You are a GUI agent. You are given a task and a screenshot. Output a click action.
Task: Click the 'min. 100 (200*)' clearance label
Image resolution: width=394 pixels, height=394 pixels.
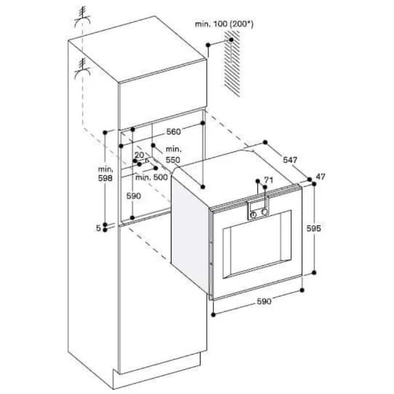(224, 24)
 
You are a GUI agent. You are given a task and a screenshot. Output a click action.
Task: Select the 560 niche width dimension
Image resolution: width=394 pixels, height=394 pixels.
(173, 131)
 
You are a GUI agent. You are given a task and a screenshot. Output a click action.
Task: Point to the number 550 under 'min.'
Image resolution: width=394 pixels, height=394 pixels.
(173, 160)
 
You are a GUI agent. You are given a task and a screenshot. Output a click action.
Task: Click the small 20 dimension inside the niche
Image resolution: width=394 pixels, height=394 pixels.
(139, 155)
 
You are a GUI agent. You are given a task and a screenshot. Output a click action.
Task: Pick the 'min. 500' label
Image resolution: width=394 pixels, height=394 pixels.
(152, 177)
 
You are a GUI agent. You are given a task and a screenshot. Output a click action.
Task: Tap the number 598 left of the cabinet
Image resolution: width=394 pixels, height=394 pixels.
(105, 178)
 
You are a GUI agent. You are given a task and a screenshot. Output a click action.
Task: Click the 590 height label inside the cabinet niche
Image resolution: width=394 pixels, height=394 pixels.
(133, 196)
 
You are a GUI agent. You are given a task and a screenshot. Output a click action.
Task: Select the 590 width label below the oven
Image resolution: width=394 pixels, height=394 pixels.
(264, 301)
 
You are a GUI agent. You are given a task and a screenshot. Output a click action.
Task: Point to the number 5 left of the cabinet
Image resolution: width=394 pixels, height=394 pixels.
(98, 228)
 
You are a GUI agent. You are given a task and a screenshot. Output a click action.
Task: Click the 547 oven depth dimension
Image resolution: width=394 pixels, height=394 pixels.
(290, 160)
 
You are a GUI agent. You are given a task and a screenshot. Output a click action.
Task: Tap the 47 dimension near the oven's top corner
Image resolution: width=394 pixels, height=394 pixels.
(321, 177)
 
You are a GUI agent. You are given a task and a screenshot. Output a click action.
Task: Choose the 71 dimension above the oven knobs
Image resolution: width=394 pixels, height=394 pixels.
(268, 180)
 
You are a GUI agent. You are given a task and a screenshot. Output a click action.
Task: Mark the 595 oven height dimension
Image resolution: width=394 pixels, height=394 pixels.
(314, 228)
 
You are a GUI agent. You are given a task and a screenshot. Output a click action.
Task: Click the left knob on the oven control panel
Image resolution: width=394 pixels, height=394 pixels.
(253, 215)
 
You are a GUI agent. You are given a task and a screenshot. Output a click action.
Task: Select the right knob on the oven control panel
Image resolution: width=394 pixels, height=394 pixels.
(264, 212)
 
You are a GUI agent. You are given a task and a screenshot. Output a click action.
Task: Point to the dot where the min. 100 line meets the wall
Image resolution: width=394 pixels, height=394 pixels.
(231, 40)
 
